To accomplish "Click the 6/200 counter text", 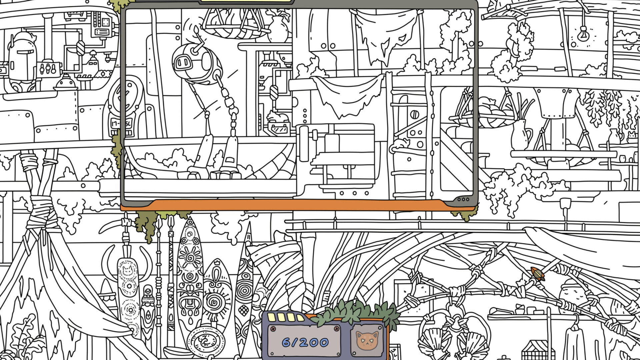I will click(x=305, y=342).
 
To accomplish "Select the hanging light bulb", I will click(x=583, y=33).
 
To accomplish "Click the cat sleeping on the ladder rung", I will click(x=400, y=144).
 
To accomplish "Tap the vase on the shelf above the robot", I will click(x=278, y=29).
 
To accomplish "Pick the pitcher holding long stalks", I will click(x=520, y=133).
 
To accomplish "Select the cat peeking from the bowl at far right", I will click(x=631, y=136).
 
